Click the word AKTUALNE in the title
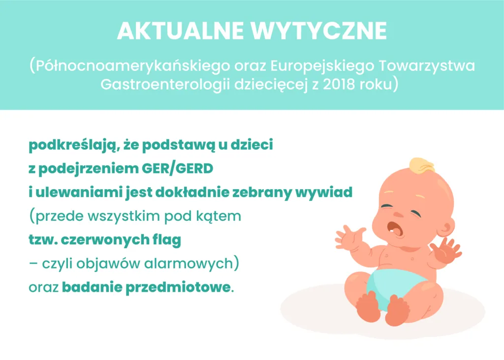(x=180, y=31)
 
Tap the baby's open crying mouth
(x=394, y=228)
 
